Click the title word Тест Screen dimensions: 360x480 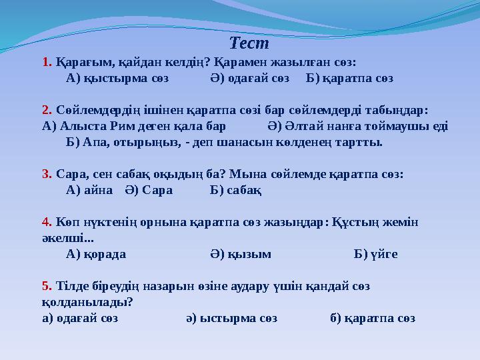pos(249,44)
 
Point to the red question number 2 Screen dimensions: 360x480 pos(46,109)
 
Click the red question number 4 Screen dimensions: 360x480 pos(46,221)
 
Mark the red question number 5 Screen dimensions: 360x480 pos(46,286)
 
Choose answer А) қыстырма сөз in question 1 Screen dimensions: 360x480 pos(117,78)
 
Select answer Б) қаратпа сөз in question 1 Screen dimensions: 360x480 pos(349,78)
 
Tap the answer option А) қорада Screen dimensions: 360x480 pos(97,254)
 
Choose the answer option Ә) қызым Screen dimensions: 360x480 pos(241,254)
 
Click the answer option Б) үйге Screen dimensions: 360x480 pos(377,254)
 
